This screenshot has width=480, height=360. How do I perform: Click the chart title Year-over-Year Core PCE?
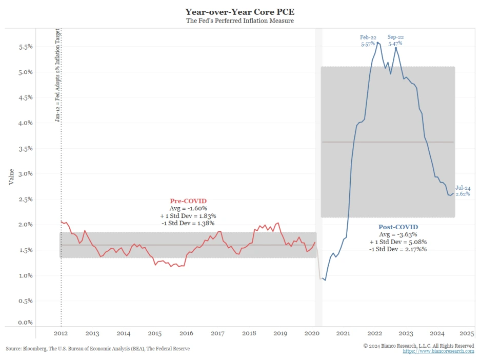click(x=239, y=11)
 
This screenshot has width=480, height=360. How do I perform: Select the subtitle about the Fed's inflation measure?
click(x=239, y=21)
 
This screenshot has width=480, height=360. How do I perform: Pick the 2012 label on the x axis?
click(x=61, y=333)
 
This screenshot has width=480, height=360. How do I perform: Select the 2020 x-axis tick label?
click(x=312, y=333)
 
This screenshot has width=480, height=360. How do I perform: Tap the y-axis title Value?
click(x=11, y=177)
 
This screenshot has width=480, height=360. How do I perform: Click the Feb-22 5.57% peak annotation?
click(x=369, y=41)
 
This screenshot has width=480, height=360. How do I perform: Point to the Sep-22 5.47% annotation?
click(x=395, y=41)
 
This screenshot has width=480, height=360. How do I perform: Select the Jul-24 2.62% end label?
click(x=463, y=191)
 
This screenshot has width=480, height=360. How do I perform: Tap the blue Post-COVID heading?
click(x=398, y=227)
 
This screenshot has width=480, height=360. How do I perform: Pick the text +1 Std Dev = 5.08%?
click(x=398, y=242)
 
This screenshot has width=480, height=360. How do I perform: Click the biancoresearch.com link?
click(x=438, y=351)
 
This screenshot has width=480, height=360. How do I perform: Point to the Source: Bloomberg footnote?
click(x=97, y=349)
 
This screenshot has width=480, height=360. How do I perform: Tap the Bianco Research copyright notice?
click(x=418, y=346)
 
